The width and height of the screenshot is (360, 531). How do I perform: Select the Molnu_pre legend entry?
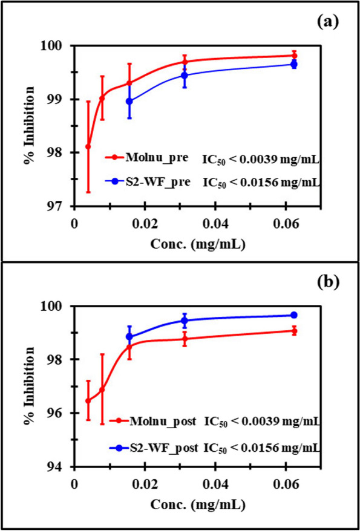[x=146, y=158]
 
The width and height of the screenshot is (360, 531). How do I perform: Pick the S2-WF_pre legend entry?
[x=149, y=182]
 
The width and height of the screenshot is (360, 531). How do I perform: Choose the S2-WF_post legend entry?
[x=153, y=448]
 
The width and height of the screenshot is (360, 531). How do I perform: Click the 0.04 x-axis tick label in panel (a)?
[x=216, y=225]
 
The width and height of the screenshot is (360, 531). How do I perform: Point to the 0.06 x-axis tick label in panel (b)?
[x=286, y=485]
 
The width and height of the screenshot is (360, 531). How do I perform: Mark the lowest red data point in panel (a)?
[x=88, y=146]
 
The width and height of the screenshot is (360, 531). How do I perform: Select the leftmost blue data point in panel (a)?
[x=129, y=101]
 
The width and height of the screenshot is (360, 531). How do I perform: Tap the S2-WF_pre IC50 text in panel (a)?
[x=261, y=183]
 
